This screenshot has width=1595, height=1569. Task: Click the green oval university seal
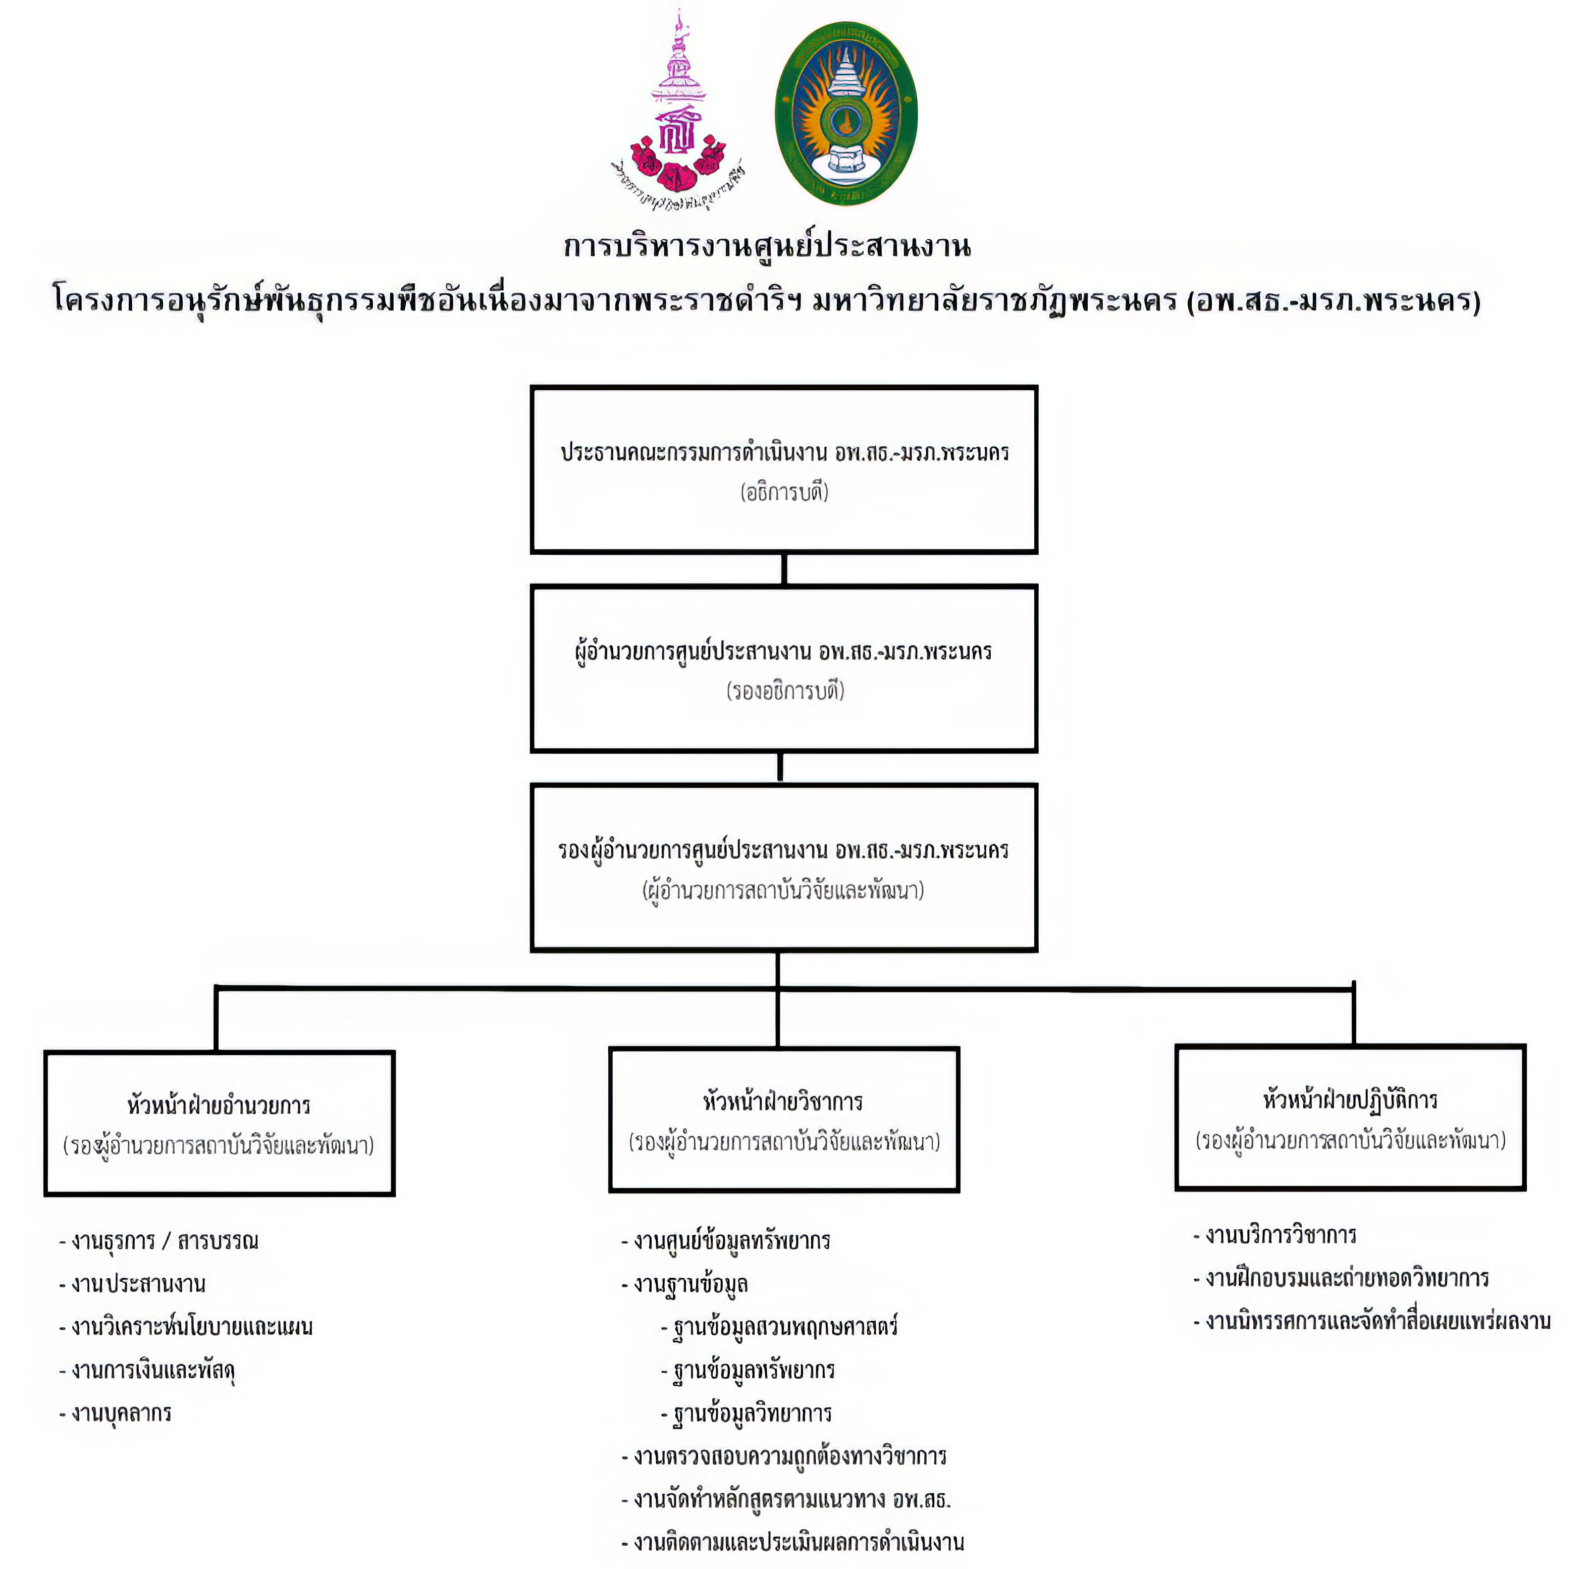point(845,114)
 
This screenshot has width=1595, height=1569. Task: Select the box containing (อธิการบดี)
point(783,469)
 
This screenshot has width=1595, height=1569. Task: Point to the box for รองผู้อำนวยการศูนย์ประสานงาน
point(783,868)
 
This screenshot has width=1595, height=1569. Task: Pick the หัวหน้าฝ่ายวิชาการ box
point(783,1119)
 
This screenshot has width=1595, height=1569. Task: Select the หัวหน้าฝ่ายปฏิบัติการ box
point(1350,1117)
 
